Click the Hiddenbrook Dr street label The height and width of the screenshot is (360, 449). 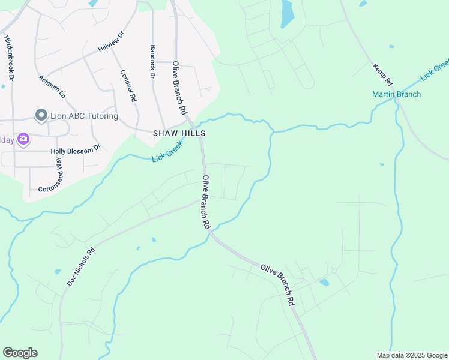[9, 58]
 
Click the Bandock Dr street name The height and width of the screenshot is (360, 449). [152, 62]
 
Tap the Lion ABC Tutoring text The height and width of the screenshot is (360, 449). [85, 116]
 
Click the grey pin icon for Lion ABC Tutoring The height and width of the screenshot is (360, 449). [41, 115]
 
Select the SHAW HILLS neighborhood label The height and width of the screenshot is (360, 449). [179, 133]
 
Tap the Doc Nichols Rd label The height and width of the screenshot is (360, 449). [81, 267]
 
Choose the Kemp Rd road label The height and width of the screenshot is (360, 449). [382, 74]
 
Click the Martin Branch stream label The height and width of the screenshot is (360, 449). [396, 94]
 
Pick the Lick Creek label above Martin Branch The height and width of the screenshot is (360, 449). [435, 70]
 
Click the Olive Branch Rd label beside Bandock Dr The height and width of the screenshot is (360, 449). [180, 88]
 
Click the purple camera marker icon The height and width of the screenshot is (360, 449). [23, 140]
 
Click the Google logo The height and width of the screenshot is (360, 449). [20, 353]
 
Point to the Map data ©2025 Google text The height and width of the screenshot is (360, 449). [411, 355]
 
